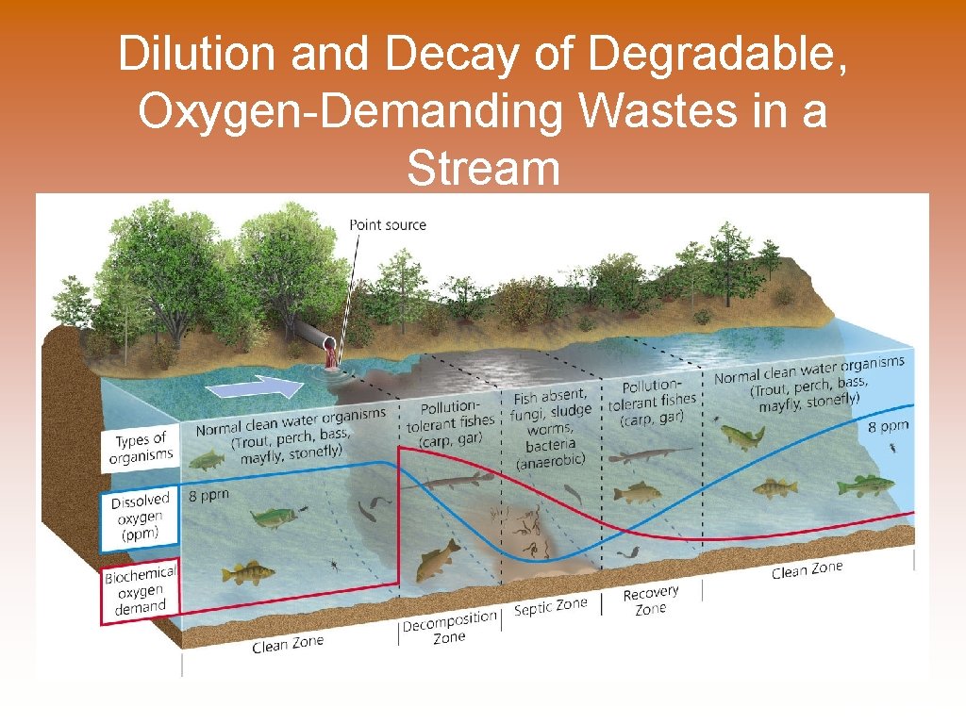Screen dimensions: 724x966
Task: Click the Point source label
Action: pos(388,224)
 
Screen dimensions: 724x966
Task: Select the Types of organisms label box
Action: pos(141,448)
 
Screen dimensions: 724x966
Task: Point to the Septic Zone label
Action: pos(550,606)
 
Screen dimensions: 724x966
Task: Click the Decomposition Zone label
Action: pos(449,627)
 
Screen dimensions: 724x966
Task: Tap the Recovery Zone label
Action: pos(651,600)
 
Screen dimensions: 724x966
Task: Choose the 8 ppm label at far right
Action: pos(888,426)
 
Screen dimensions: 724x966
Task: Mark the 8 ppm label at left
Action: pos(208,495)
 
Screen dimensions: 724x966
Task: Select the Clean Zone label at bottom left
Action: pos(288,645)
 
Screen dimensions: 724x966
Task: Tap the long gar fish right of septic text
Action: pos(651,456)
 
